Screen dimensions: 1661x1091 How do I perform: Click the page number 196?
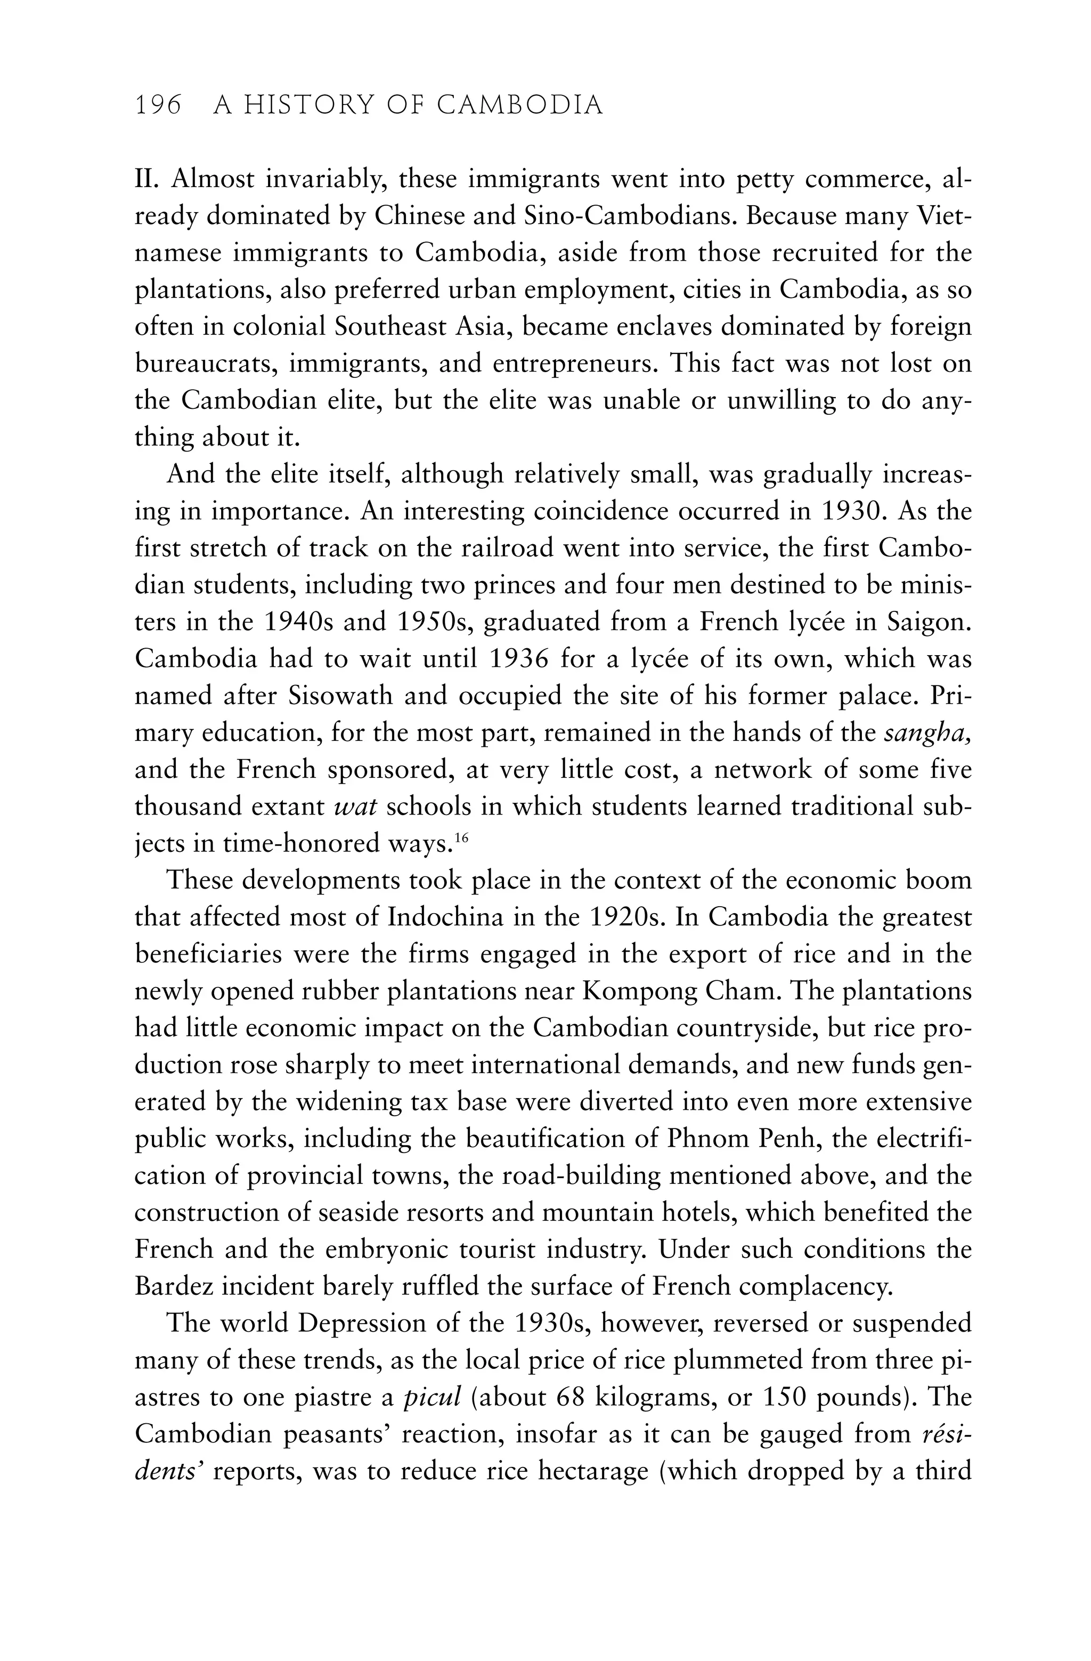pos(158,106)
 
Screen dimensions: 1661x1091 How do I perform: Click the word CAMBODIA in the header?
pos(520,106)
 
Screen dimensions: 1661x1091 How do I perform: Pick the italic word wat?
pos(356,807)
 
